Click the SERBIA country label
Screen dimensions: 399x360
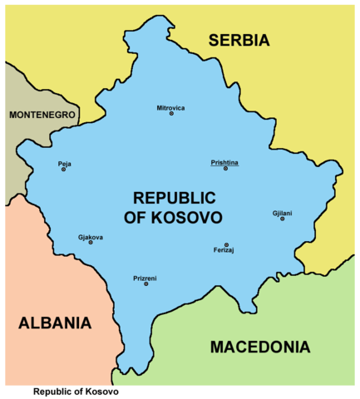(x=239, y=40)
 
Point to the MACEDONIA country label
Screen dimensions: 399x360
(x=259, y=347)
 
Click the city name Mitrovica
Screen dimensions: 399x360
(x=171, y=107)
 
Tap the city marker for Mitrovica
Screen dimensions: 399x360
(x=171, y=114)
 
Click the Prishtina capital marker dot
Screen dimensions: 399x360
(x=224, y=169)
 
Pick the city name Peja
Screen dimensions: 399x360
(x=64, y=163)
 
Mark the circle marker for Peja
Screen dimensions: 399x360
(x=64, y=170)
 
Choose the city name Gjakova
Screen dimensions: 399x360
(x=90, y=237)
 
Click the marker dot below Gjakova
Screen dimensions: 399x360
(x=90, y=244)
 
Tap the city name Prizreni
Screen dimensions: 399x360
(x=146, y=278)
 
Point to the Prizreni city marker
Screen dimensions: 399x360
(x=146, y=284)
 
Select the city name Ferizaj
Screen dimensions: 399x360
(x=224, y=251)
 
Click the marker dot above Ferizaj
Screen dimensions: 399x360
(x=226, y=244)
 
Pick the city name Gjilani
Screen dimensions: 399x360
(x=282, y=214)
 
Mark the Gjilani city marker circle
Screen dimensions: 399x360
(x=282, y=220)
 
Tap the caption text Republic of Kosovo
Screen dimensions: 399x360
(x=76, y=392)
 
